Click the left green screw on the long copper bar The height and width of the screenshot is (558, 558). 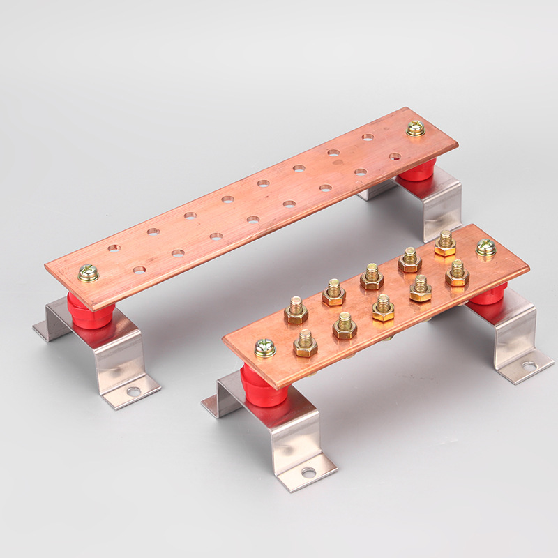tap(89, 273)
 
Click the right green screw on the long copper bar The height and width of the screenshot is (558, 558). tap(416, 128)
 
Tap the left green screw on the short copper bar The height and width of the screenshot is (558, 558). tap(265, 347)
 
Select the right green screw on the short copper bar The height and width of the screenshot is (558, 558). tap(485, 248)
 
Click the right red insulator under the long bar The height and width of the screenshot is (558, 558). tap(418, 169)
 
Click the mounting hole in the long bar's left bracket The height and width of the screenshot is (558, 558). tap(133, 392)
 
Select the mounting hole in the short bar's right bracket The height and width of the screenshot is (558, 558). tap(529, 366)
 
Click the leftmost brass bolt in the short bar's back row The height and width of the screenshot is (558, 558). tap(296, 310)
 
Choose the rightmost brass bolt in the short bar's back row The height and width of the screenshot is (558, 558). tap(445, 243)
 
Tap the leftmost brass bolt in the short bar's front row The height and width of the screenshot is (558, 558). tap(306, 342)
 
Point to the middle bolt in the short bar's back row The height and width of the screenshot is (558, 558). tap(372, 276)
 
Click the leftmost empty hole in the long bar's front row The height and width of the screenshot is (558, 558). tap(139, 269)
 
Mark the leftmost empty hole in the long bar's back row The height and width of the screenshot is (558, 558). tap(114, 248)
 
